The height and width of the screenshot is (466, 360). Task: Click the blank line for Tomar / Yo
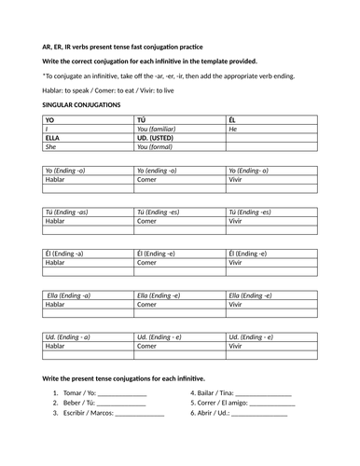click(x=122, y=395)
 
